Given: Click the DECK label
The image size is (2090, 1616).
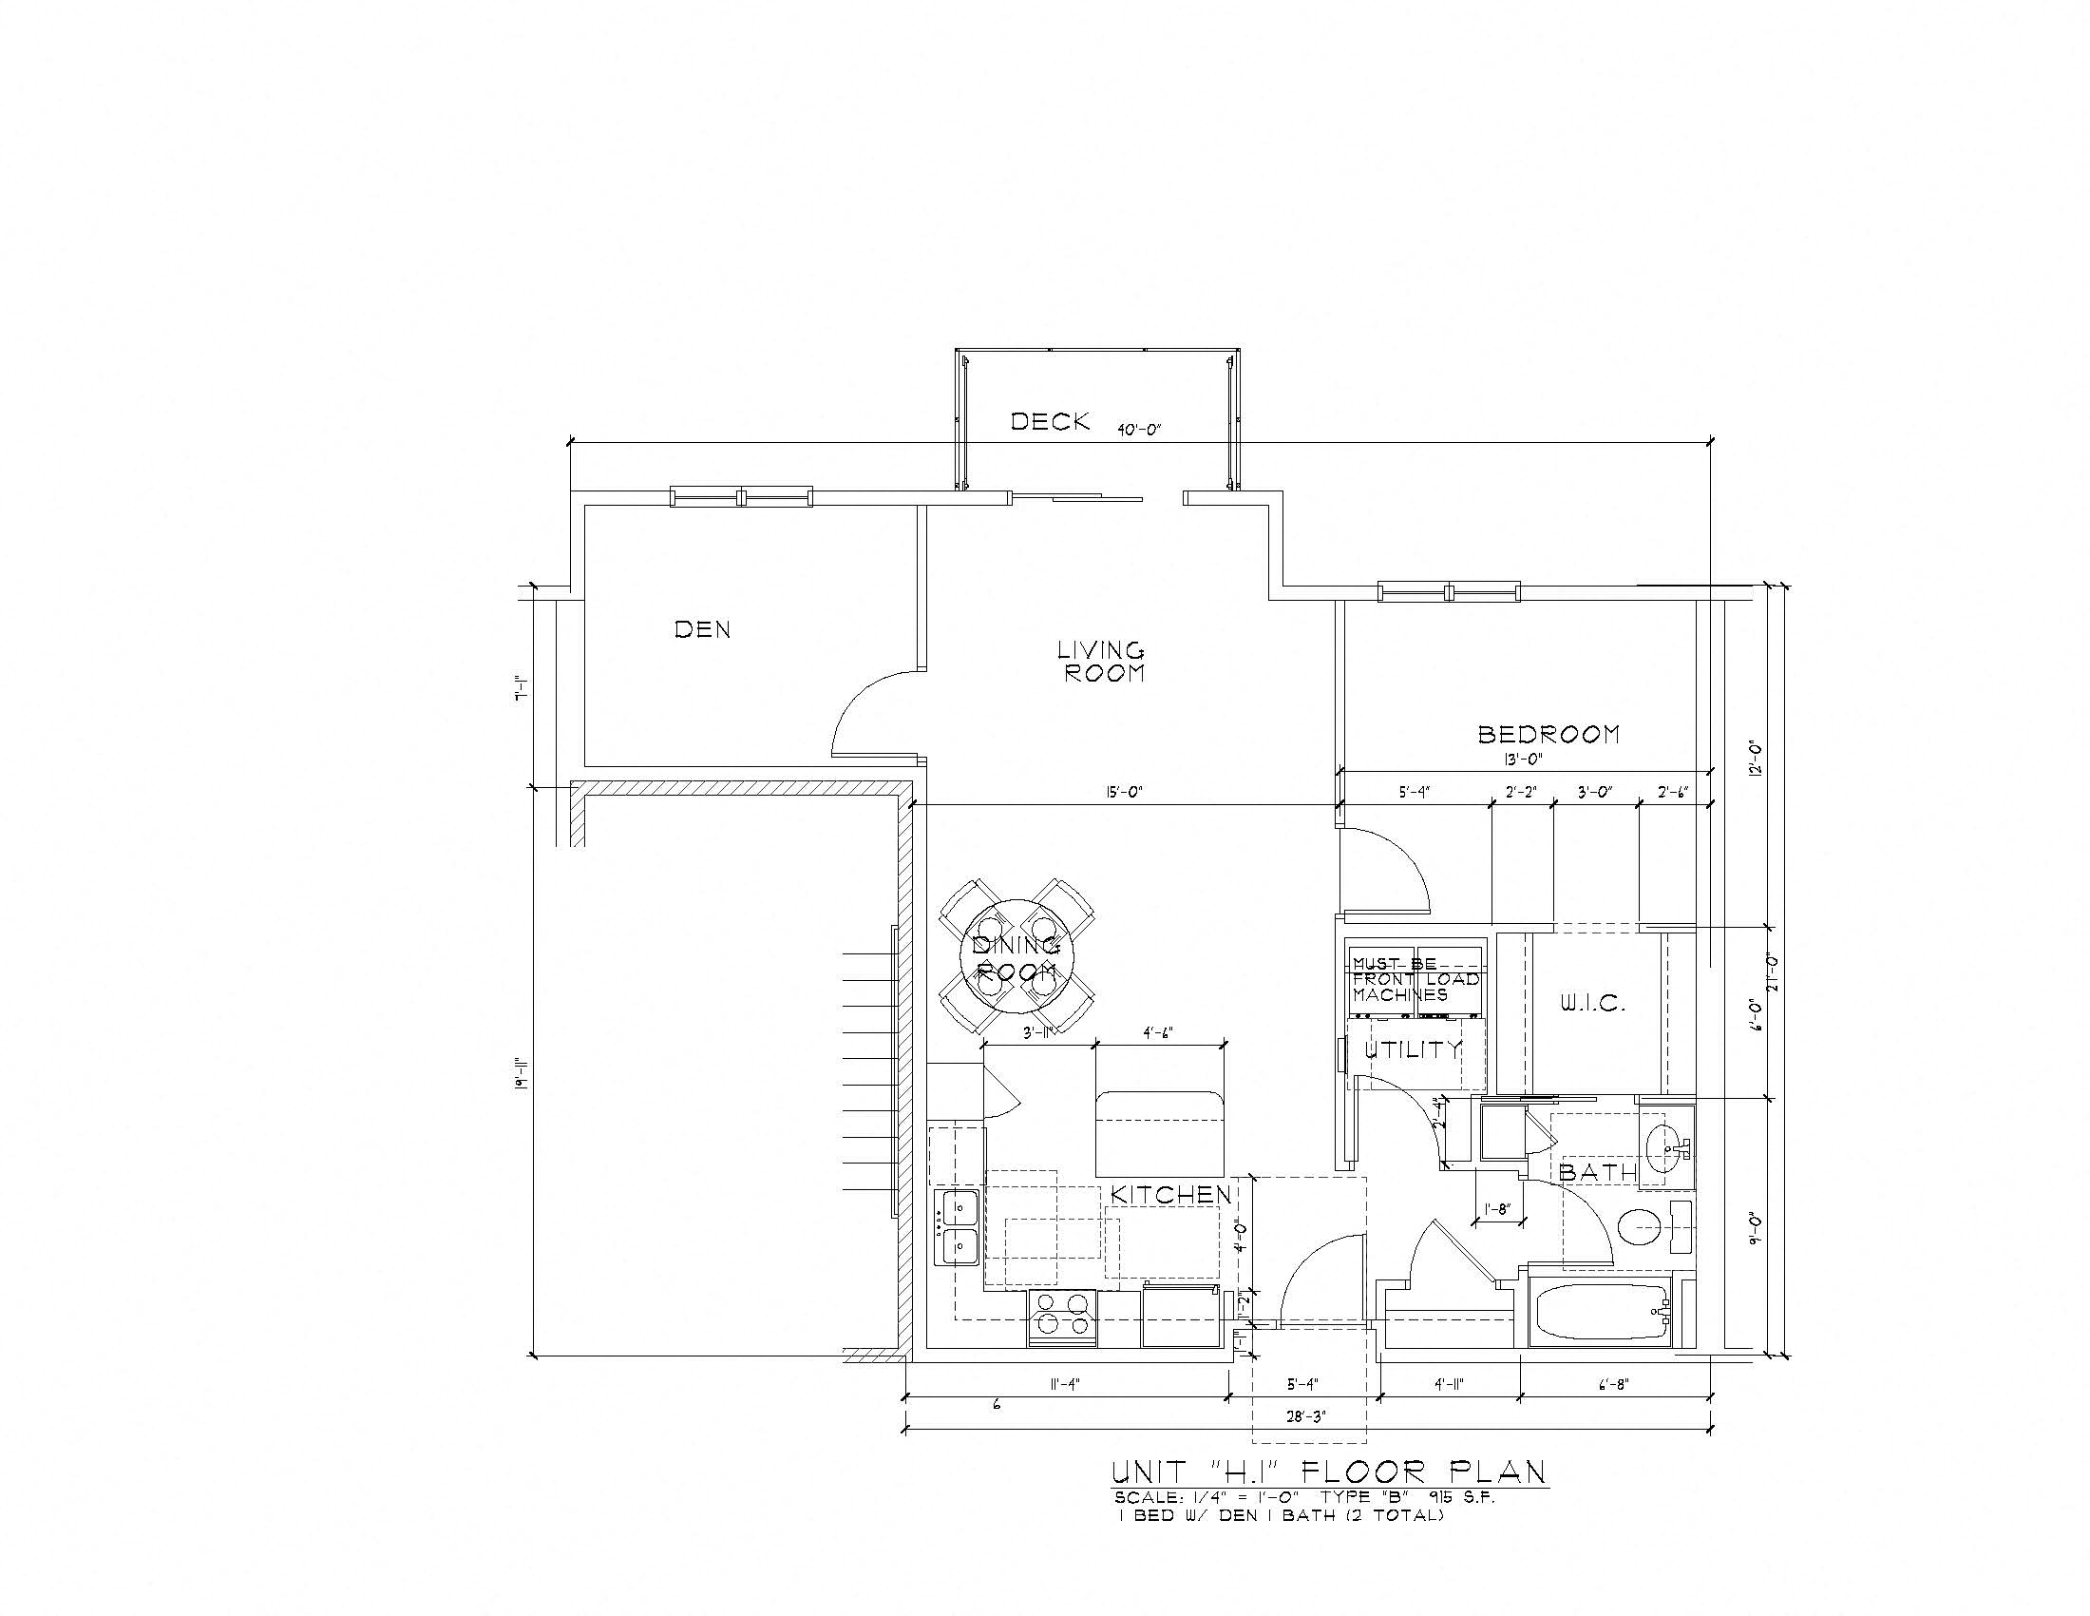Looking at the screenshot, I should pos(1050,421).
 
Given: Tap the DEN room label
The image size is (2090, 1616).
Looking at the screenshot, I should pos(702,629).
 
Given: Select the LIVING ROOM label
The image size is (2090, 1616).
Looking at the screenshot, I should pos(1100,662).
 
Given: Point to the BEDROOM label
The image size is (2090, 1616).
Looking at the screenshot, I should pos(1549,734).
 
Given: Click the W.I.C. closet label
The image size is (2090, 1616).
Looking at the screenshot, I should pos(1593,1004).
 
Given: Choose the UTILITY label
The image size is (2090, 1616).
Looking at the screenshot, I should pos(1414,1049).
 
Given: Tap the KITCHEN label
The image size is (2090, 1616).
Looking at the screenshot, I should pos(1171,1195).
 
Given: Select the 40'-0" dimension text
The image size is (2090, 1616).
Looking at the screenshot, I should pos(1139,430).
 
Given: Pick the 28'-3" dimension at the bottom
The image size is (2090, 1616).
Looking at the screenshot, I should pos(1306,1417).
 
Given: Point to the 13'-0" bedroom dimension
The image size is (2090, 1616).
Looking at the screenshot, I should pos(1523,759).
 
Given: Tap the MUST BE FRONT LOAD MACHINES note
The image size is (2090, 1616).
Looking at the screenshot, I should pos(1415,979).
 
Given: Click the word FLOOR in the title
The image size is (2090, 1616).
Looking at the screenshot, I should pos(1359,1471).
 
